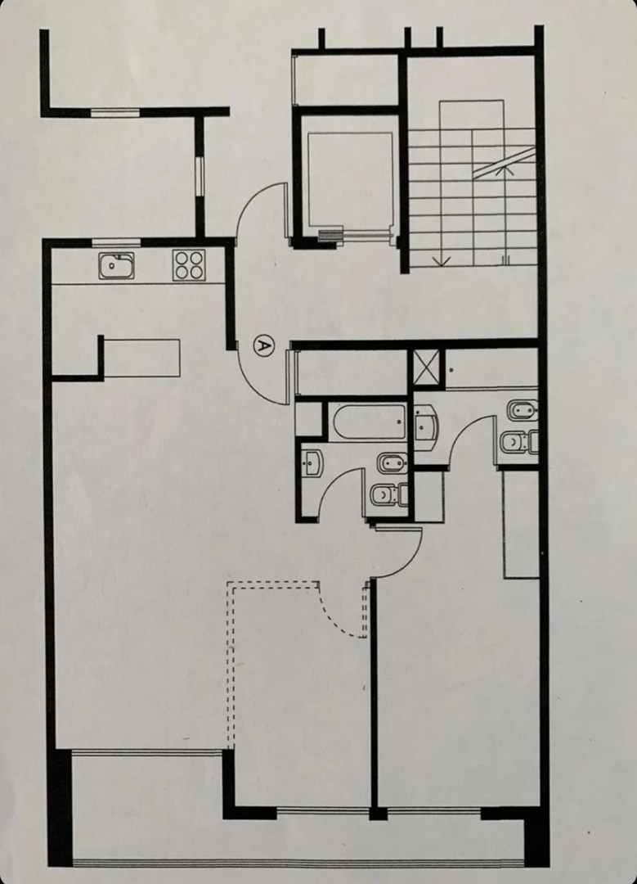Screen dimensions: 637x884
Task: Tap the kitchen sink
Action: click(x=117, y=265)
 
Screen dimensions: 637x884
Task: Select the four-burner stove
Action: click(x=189, y=265)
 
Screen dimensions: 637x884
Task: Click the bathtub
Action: click(x=367, y=422)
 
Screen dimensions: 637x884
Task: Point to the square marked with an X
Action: click(x=426, y=367)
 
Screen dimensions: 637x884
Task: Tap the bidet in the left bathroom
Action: click(x=393, y=463)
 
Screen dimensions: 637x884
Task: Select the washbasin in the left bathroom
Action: click(x=312, y=462)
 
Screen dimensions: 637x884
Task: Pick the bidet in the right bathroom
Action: click(x=522, y=410)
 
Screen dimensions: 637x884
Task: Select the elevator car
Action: click(x=350, y=180)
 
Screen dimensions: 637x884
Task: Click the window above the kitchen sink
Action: click(x=116, y=243)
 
